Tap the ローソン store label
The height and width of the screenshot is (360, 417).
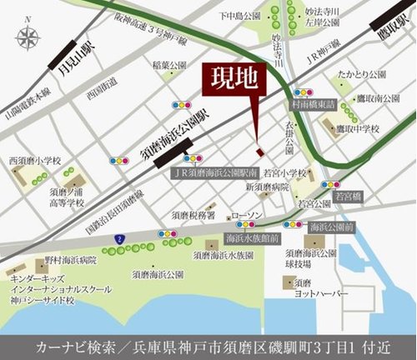pyautogui.click(x=246, y=215)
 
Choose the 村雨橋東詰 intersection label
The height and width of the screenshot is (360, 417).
pyautogui.click(x=313, y=106)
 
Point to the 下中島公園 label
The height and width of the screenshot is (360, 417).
pyautogui.click(x=240, y=15)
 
